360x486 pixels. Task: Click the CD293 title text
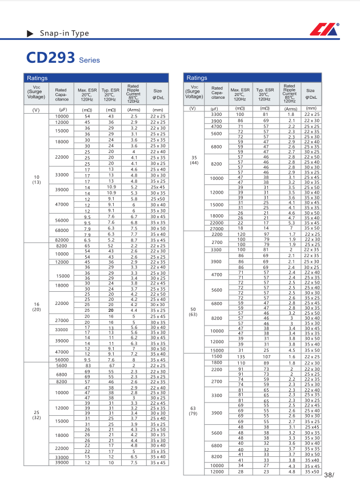pos(50,58)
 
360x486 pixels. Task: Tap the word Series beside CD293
pos(89,60)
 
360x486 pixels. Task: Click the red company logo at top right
pos(325,30)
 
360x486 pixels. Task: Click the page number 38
pos(328,475)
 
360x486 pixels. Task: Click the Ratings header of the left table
pos(37,78)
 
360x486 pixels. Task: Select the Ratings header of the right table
pos(197,78)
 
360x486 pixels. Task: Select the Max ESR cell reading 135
pos(241,356)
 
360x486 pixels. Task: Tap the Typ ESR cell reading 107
pos(266,356)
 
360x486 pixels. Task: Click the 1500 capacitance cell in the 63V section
pos(217,356)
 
